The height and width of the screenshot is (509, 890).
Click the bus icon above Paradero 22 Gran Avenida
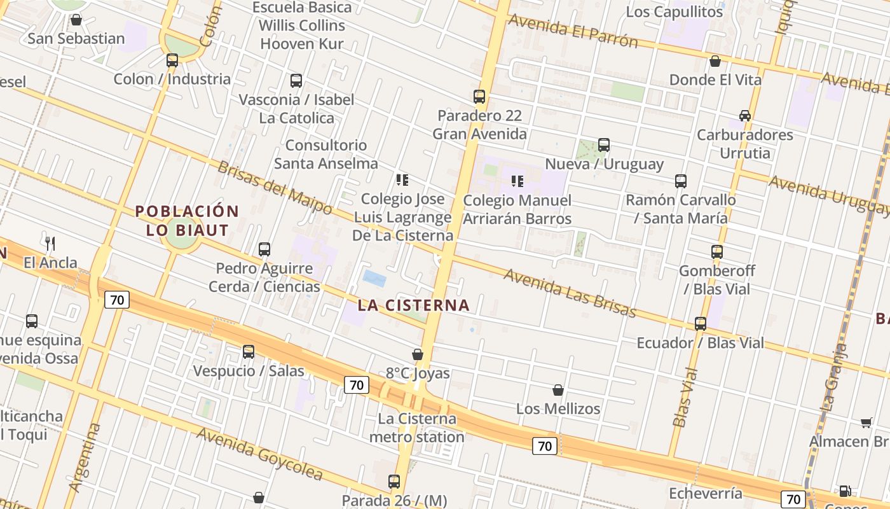(x=479, y=97)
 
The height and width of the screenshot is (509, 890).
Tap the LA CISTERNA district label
(x=413, y=305)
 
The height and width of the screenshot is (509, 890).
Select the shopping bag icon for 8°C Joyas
(x=418, y=354)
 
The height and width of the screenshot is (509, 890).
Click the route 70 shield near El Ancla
(x=117, y=300)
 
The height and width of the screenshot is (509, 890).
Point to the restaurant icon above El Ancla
(x=51, y=243)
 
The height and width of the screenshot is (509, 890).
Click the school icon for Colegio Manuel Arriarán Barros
(x=517, y=181)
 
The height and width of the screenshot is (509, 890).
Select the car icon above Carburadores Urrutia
(x=745, y=116)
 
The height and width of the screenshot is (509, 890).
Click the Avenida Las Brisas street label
(x=570, y=293)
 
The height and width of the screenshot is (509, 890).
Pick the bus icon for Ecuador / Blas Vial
(x=701, y=324)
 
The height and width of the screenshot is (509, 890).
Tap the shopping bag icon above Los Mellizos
(x=558, y=390)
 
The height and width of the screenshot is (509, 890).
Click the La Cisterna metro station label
(x=417, y=428)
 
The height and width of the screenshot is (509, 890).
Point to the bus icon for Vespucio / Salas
(x=249, y=351)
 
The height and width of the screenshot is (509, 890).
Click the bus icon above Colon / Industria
(x=172, y=60)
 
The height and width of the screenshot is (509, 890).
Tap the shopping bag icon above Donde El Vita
(x=715, y=61)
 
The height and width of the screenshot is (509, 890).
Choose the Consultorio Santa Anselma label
(x=325, y=154)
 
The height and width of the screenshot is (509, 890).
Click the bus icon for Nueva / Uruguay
(x=604, y=145)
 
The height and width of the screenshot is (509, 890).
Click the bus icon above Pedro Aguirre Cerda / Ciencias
(x=264, y=249)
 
